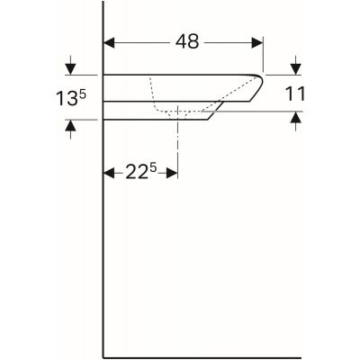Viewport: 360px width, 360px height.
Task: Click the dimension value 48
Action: pos(187,42)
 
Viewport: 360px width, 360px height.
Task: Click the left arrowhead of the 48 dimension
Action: pos(112,42)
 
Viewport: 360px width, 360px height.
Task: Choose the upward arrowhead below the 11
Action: pos(294,119)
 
